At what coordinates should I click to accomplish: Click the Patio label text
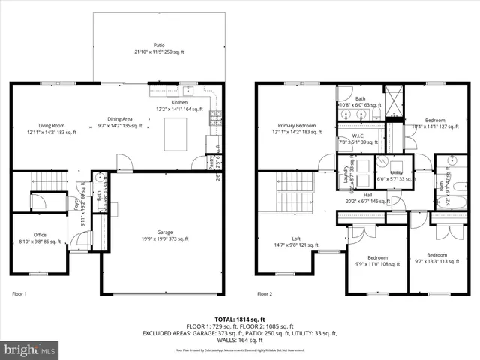coord(159,48)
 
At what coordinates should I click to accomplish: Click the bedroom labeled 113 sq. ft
coord(436,258)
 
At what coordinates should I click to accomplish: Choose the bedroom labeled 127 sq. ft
coord(435,124)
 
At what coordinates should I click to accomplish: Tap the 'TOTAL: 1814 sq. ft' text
coord(240,320)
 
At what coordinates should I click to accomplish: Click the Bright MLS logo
coord(31,349)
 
